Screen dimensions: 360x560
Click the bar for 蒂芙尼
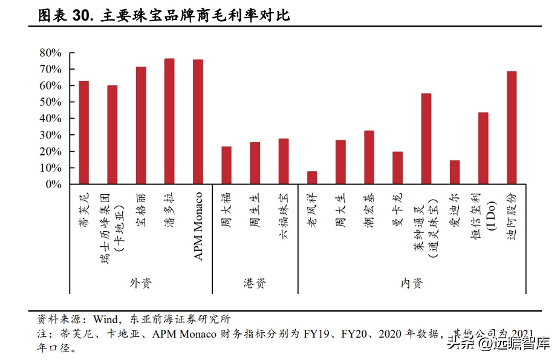(83, 133)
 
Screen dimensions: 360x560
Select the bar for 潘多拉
(169, 121)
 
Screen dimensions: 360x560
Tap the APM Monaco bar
(198, 122)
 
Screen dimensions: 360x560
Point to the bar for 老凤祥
(312, 177)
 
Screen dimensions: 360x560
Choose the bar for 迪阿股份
(512, 128)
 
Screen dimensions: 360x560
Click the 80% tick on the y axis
(51, 53)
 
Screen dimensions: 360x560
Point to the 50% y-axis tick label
(51, 102)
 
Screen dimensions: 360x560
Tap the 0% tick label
(54, 185)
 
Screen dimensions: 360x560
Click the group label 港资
(255, 283)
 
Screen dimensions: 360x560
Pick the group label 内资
(412, 283)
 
